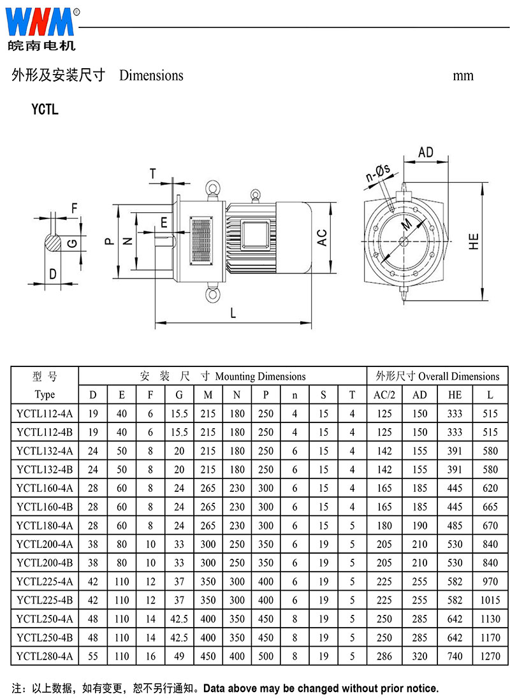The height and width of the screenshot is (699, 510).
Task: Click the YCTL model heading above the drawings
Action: coord(45,109)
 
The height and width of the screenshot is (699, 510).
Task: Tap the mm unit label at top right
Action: coord(463,76)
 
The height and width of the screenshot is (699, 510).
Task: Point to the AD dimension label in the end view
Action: coord(426,152)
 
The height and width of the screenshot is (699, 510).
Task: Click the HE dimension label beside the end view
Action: coord(473,240)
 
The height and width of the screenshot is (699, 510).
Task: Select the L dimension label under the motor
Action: coord(233,313)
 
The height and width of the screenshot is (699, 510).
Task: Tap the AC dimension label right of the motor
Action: coord(323,238)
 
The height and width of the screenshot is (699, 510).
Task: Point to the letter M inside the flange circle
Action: coord(407,224)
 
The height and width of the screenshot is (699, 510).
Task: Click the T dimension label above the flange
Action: coord(152,173)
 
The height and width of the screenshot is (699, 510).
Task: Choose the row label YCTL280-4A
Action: coord(45,656)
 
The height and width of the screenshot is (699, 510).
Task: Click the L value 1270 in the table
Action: coord(490,656)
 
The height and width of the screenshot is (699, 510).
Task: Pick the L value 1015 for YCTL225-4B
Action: coord(490,600)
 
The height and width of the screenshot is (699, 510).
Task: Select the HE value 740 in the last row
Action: coord(455,656)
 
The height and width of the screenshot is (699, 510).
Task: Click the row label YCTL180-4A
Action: coord(45,526)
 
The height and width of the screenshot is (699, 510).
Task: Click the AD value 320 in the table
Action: coord(419,656)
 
